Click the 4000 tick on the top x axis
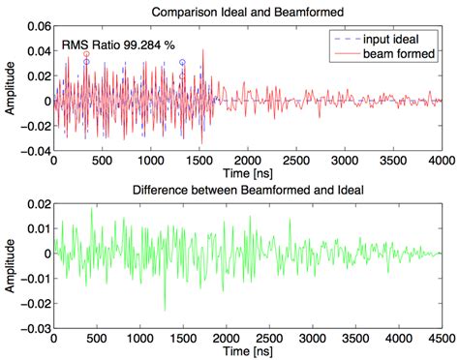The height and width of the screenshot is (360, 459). click(442, 161)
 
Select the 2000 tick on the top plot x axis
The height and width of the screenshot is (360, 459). click(248, 161)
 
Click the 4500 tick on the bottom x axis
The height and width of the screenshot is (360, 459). click(442, 339)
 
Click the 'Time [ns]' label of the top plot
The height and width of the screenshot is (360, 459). click(247, 174)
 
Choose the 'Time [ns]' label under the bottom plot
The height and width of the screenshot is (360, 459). click(247, 351)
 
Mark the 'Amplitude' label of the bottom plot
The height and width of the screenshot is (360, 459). click(9, 265)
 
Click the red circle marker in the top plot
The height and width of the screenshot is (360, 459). click(86, 54)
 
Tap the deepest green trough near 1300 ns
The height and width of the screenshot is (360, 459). click(165, 310)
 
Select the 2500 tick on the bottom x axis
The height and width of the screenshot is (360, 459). click(269, 339)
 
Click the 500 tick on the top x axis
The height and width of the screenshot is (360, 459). click(102, 161)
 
